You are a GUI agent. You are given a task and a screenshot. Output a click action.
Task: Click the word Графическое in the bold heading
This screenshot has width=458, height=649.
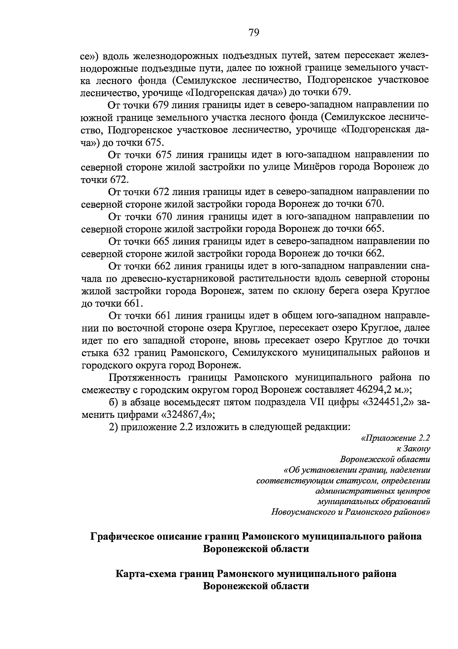tap(127, 537)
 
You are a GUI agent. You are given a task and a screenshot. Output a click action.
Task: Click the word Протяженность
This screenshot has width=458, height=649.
tap(147, 377)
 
